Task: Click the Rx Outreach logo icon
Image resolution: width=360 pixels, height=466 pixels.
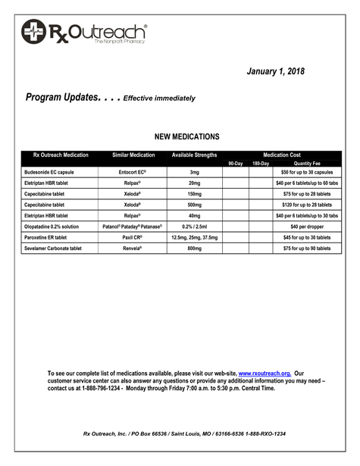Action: (x=34, y=32)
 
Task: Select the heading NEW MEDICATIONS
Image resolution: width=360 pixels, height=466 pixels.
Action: (x=186, y=137)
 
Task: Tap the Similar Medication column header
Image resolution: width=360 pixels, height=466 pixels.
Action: (x=133, y=155)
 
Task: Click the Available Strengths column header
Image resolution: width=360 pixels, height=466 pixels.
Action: (x=194, y=155)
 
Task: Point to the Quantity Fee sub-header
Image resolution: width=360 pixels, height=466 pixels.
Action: (x=307, y=164)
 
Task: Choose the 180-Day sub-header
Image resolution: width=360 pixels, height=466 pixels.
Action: (x=261, y=164)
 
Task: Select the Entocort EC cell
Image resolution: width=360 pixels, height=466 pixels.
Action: (x=133, y=172)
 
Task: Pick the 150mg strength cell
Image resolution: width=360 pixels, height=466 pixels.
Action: (x=195, y=194)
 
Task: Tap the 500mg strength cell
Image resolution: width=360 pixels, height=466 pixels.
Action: (x=195, y=205)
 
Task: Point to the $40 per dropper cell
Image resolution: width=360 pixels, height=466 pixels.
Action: (x=307, y=227)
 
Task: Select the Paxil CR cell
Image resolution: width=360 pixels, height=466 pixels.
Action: (x=133, y=237)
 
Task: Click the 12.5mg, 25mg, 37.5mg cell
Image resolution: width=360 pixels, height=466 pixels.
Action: (x=195, y=237)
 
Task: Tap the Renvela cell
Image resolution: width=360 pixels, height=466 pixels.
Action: (x=133, y=248)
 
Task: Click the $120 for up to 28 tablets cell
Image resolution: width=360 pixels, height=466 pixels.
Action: (x=307, y=205)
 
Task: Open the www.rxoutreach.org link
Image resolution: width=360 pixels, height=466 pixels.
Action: (x=264, y=374)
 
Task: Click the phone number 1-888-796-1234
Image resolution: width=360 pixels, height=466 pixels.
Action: (x=96, y=389)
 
